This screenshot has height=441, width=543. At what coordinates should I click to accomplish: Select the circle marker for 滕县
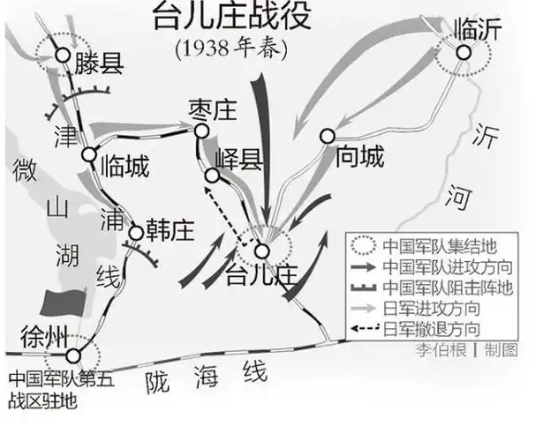point(63,55)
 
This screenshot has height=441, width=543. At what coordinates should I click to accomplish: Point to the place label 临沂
point(477,29)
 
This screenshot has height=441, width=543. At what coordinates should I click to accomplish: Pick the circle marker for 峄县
point(212,176)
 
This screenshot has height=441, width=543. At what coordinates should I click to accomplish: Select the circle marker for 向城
point(328,136)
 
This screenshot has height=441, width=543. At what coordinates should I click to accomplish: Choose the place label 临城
point(124,165)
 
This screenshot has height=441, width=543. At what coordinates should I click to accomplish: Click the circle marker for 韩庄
point(136,233)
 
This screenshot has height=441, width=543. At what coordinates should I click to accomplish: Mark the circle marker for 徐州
point(73,355)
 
